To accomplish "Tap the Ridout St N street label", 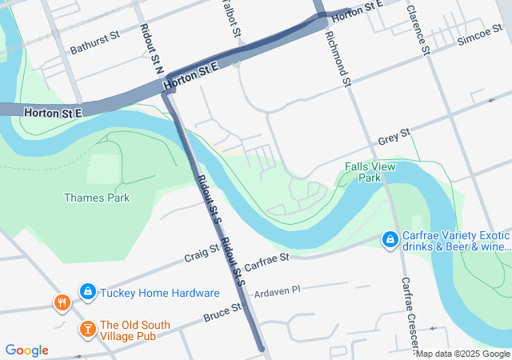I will [150, 45].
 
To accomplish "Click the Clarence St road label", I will [418, 31].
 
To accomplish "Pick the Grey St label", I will [394, 136].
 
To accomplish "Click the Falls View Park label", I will [369, 172].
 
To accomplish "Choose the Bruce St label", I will [222, 312].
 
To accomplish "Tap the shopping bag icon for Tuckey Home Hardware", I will [88, 292].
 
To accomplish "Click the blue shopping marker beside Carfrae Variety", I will [390, 239].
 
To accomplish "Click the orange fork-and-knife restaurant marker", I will [62, 302].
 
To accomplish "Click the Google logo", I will [27, 350].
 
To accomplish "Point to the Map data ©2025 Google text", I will [462, 354].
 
